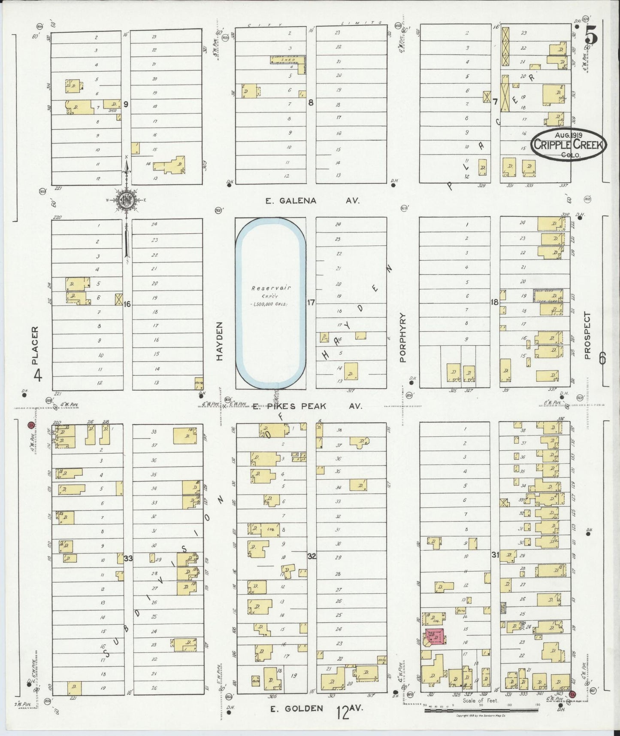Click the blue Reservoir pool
coord(270,302)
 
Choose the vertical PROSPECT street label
coord(587,335)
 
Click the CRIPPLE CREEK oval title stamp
coord(569,144)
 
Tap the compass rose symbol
coord(127,200)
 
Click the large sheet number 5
coord(592,37)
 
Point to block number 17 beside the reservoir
coord(311,303)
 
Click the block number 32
coord(312,557)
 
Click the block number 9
coord(126,103)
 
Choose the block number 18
coord(495,302)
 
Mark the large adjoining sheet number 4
coord(38,376)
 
